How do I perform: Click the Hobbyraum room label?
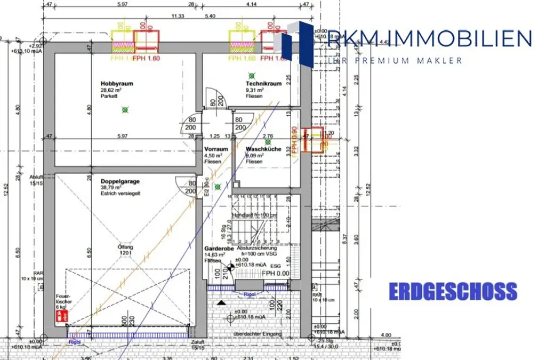pos(117,84)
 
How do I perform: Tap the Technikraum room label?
pos(263,84)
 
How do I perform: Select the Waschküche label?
pos(263,149)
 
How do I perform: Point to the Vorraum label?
pos(216,149)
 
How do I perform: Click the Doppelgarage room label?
pos(120,181)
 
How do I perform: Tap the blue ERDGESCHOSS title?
pos(453,292)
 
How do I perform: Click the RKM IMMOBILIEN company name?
pos(429,38)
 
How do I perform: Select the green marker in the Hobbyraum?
pos(125,110)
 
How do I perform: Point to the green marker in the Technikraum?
pos(252,76)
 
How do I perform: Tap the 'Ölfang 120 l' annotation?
pos(125,250)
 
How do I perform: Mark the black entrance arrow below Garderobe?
pos(221,302)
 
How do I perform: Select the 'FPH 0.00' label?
pos(275,273)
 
